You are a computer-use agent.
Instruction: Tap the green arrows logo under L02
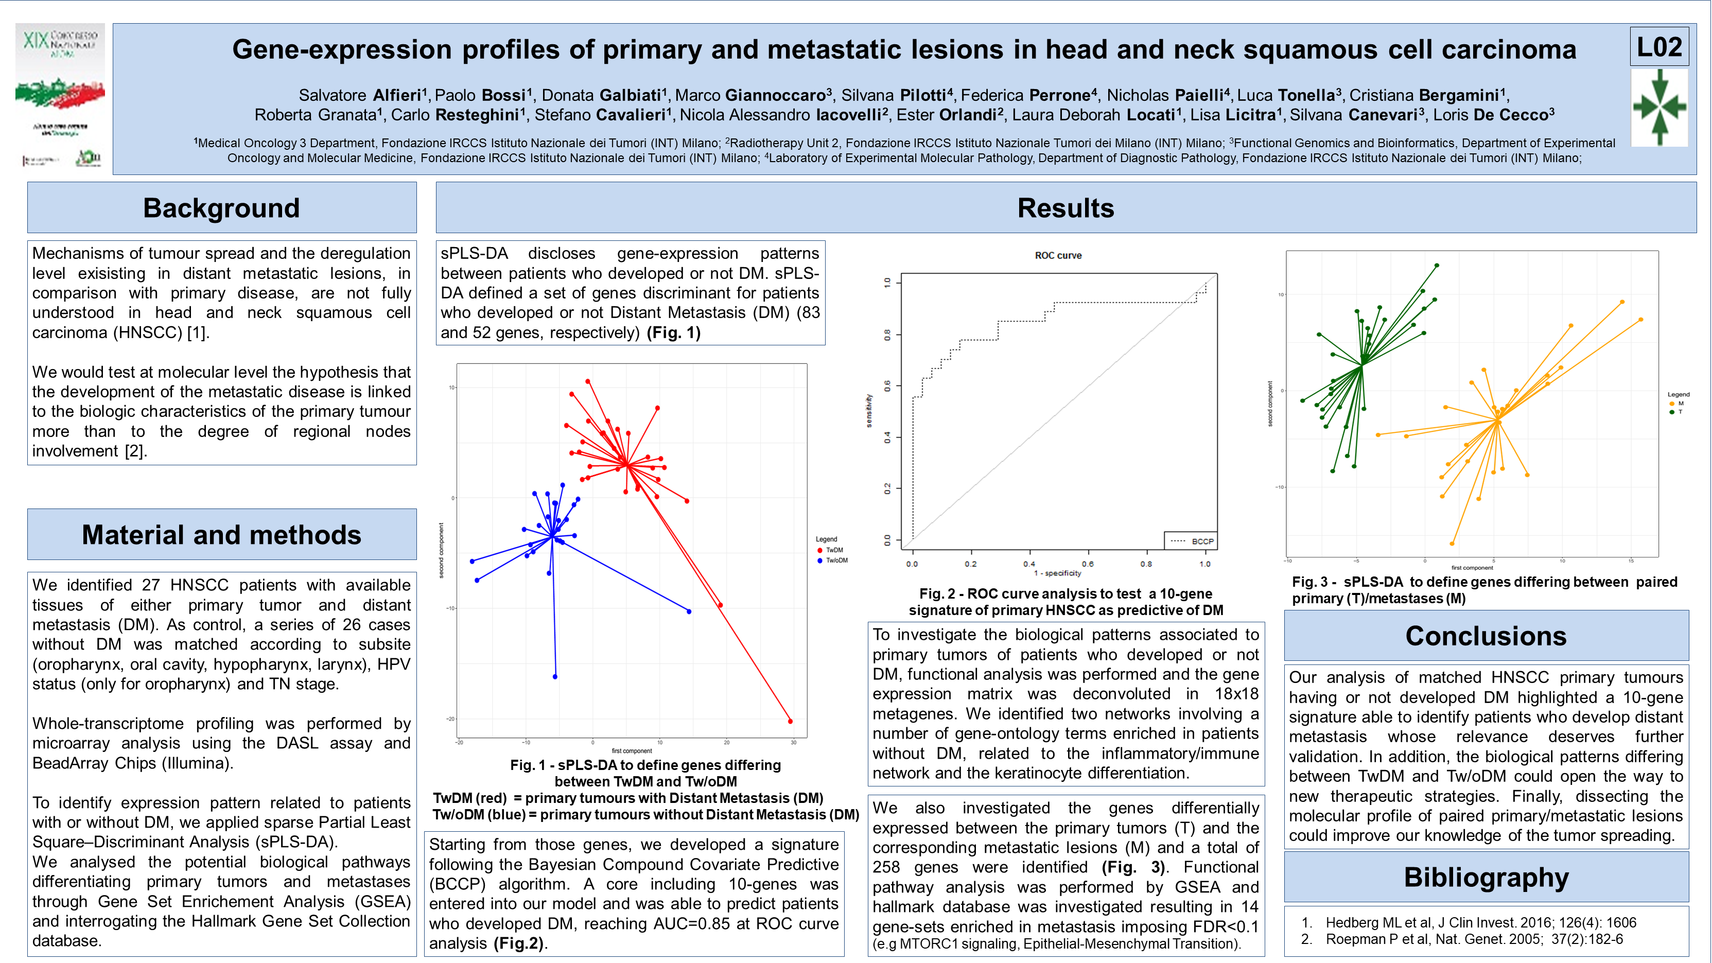click(x=1659, y=107)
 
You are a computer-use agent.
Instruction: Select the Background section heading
click(x=221, y=208)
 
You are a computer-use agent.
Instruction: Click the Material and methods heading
click(x=221, y=535)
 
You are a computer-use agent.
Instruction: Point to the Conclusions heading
click(x=1486, y=636)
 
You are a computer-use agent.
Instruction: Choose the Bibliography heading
click(x=1486, y=877)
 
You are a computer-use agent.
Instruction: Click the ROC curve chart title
click(x=1058, y=255)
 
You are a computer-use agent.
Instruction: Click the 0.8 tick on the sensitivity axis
click(x=888, y=334)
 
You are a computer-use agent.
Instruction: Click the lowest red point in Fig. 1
click(x=790, y=721)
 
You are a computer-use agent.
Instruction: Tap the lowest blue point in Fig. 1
click(x=555, y=676)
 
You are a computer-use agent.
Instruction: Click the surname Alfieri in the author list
click(x=397, y=95)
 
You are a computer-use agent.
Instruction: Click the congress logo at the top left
click(x=60, y=95)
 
